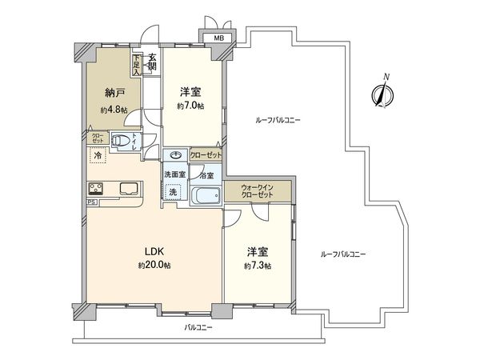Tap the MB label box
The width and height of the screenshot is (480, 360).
point(218,38)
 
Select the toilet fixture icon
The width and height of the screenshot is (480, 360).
point(122,142)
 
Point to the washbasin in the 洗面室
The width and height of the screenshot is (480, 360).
point(174,156)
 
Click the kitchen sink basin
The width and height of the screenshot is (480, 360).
point(129,189)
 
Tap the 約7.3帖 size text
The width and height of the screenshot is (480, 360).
point(258,266)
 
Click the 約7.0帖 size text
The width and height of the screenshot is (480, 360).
point(190,105)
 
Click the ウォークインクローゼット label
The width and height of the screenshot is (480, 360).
point(258,193)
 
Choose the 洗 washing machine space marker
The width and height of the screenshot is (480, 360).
point(173,192)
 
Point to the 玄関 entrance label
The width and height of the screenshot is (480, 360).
point(152,61)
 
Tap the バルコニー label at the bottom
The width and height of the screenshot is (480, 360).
point(198,328)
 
